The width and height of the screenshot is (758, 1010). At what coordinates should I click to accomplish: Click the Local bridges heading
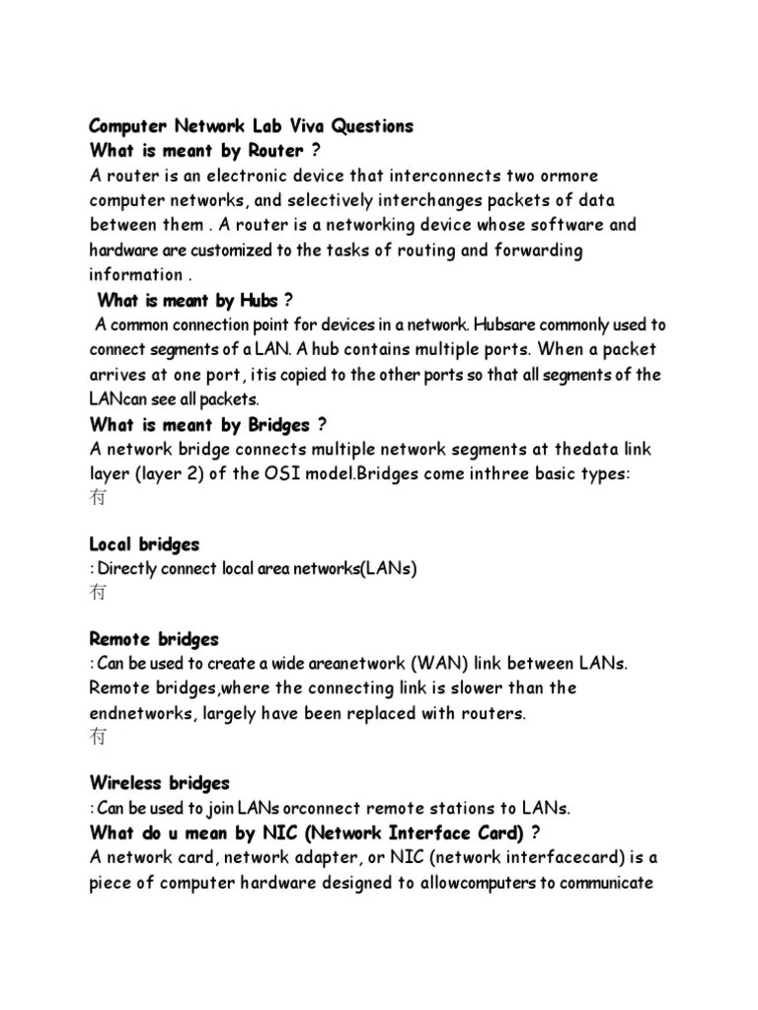(x=144, y=544)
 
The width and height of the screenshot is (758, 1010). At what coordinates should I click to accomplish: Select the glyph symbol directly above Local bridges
(x=99, y=499)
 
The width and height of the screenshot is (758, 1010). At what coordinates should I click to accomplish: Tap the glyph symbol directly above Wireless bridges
(x=99, y=738)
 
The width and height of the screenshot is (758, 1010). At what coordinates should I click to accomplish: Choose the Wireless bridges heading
(x=159, y=783)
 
